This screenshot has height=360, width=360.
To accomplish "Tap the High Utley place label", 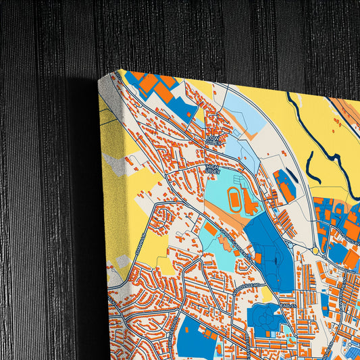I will [x=213, y=170].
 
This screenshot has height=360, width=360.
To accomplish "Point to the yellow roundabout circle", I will [x=315, y=251].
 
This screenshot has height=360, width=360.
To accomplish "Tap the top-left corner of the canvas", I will [x=120, y=70].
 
